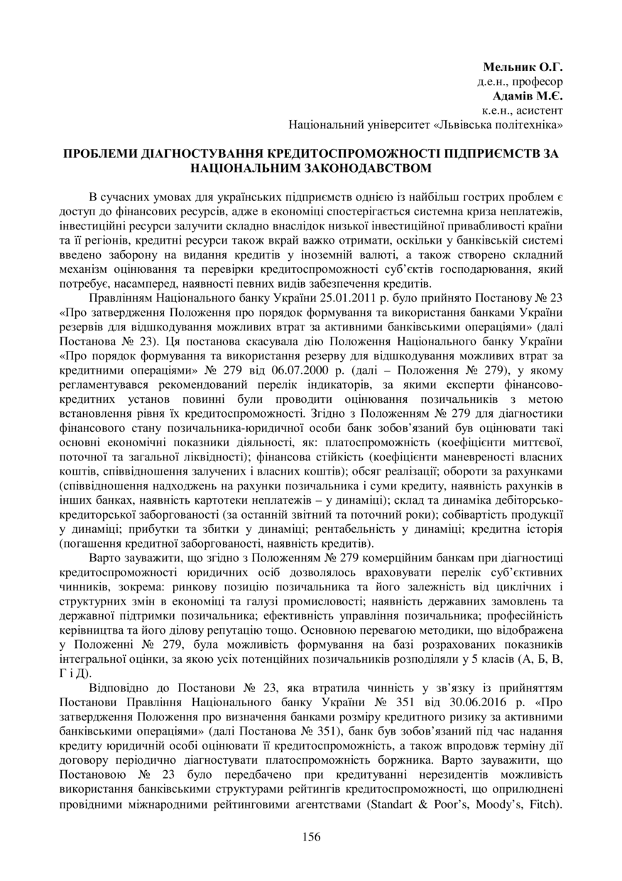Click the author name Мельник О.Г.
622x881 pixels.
523,68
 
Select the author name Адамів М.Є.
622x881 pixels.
528,96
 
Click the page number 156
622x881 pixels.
311,836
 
